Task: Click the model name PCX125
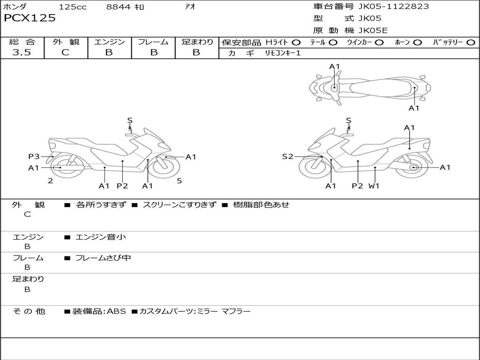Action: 30,18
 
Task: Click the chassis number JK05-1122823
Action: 393,7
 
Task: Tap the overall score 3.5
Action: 22,52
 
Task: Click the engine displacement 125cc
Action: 73,7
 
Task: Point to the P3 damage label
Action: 34,157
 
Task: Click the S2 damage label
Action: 287,157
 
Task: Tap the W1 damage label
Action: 374,186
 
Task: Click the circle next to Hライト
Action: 296,43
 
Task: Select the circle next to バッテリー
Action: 471,43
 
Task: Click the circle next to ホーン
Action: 418,43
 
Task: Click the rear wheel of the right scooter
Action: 413,167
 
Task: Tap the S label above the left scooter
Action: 130,120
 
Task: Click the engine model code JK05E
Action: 373,30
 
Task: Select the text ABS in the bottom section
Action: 116,311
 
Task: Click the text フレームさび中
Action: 103,258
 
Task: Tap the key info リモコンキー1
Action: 283,53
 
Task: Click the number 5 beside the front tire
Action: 180,181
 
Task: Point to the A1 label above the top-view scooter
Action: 335,67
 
